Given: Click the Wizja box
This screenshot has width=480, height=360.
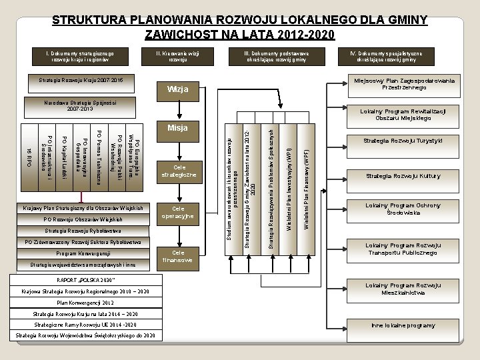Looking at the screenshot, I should point(178,89).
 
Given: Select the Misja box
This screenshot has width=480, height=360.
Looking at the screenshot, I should point(178,127).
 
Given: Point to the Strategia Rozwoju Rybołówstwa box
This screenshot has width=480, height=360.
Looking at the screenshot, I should point(81,230).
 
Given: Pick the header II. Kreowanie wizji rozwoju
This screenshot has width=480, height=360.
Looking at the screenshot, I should point(177,55).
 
